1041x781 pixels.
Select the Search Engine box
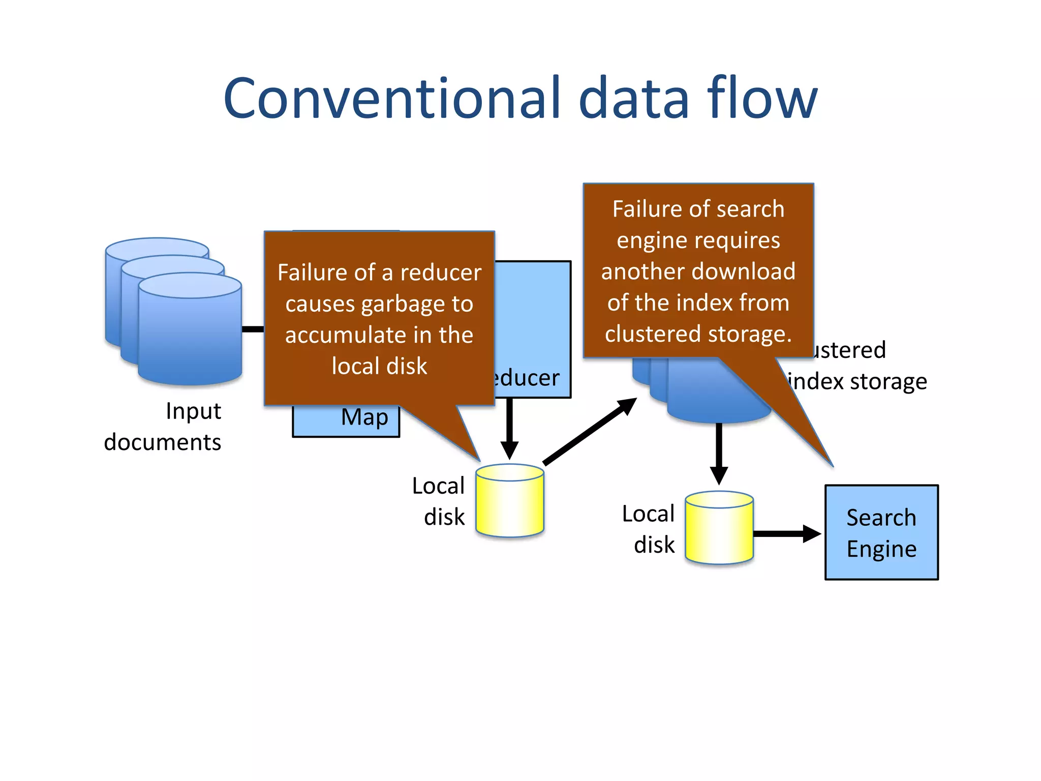881,532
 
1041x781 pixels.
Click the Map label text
364,417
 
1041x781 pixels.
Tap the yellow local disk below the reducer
510,501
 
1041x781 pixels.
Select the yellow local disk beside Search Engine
719,528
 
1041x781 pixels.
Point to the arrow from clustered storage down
719,453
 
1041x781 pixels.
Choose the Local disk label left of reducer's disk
439,501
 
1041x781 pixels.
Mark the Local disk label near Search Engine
649,529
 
